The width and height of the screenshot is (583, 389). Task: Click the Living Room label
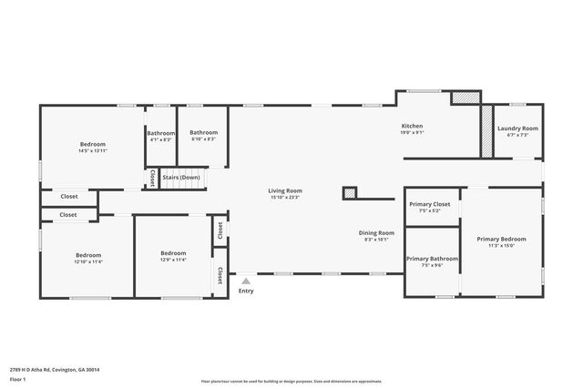pos(285,189)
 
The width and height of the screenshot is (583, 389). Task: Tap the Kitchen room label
pos(412,126)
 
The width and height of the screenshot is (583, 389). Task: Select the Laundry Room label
pos(517,128)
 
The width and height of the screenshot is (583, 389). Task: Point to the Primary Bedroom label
pos(501,239)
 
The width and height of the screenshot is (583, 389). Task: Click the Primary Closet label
pos(429,204)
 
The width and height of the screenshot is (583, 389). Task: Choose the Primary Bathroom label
pos(432,259)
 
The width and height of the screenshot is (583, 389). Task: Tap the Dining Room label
pos(375,232)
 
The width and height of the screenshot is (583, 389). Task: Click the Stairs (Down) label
pos(181,177)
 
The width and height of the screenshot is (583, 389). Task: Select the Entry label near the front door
pos(246,291)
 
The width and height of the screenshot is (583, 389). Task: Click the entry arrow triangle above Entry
pos(244,281)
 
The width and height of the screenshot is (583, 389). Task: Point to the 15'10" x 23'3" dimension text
pos(285,197)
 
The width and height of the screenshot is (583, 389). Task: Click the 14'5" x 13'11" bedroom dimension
pos(92,151)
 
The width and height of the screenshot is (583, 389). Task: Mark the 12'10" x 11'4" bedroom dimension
pos(88,261)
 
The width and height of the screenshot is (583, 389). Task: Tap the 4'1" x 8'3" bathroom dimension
pos(161,139)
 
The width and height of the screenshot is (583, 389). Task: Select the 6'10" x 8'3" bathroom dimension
pos(203,139)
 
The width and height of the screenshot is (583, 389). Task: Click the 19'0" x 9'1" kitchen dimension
pos(412,133)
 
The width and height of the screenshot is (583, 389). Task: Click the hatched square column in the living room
pos(349,192)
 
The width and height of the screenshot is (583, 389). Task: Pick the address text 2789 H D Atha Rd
pos(55,370)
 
